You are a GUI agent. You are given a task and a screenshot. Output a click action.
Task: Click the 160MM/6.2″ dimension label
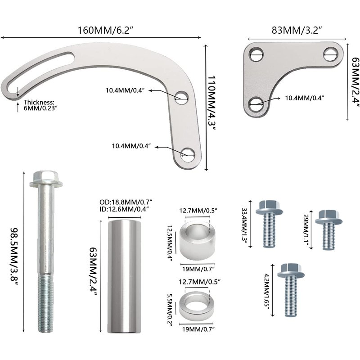106,30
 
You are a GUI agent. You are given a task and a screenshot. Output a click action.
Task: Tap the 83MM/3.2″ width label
297,30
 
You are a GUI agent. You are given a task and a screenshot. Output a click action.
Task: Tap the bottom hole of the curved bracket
188,155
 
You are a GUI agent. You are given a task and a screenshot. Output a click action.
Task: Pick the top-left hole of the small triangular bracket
256,54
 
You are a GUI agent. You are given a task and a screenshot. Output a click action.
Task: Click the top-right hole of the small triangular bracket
331,54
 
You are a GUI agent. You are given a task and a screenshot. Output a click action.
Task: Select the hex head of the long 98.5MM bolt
46,179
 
